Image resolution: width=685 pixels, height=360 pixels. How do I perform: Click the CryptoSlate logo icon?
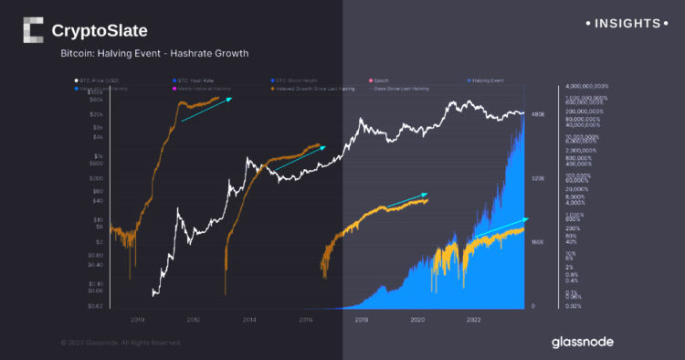click(33, 30)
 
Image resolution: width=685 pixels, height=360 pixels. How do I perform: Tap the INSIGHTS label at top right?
click(630, 21)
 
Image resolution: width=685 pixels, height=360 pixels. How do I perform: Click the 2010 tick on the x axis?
click(137, 320)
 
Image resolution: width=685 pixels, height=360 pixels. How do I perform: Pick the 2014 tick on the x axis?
click(249, 320)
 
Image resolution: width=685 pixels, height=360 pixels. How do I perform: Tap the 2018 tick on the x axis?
click(362, 320)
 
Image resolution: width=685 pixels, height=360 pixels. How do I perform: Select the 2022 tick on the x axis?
click(474, 320)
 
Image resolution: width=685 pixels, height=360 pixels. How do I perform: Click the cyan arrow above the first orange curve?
click(206, 109)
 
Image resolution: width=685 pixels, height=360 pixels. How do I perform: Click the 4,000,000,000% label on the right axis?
click(588, 86)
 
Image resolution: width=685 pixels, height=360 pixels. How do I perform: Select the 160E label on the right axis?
click(539, 242)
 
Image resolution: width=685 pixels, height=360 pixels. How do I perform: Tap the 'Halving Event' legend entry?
click(487, 82)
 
